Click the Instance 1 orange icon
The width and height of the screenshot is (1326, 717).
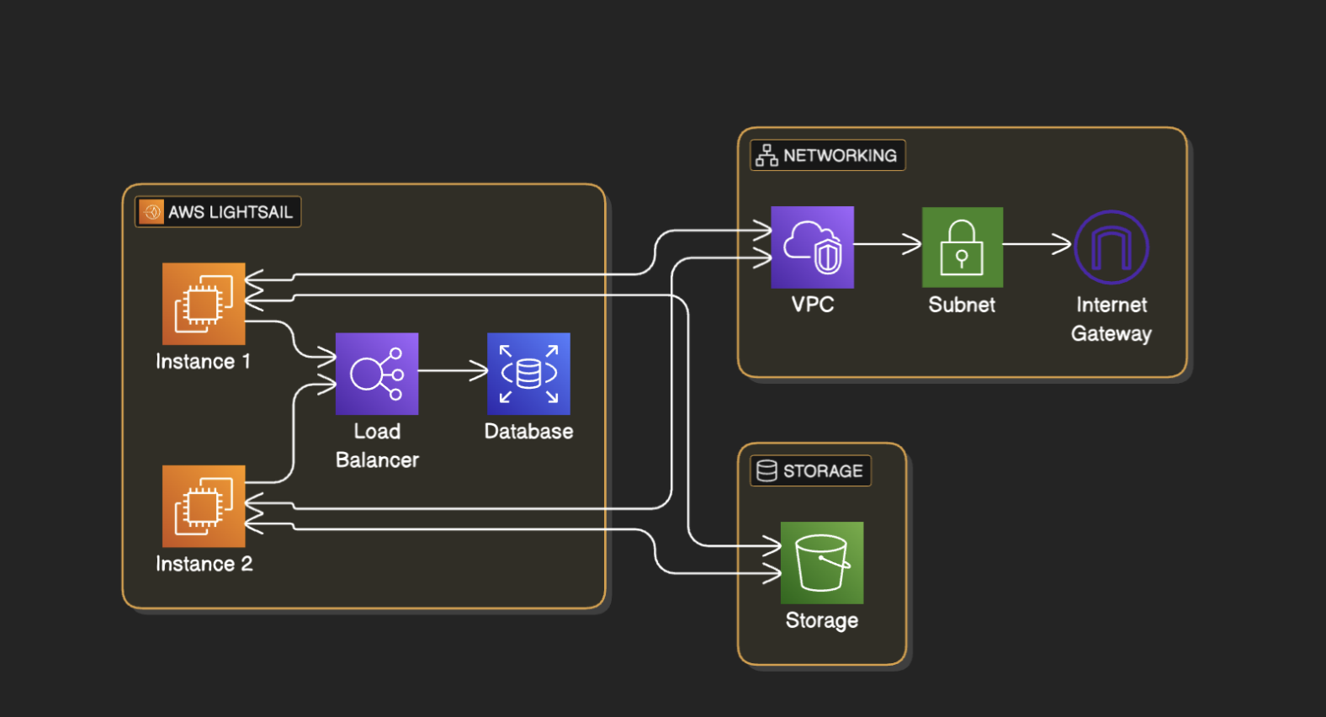[204, 303]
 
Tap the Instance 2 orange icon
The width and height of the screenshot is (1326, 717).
[204, 506]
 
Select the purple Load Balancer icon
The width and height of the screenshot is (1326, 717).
[377, 374]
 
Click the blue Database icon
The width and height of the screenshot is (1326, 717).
[528, 374]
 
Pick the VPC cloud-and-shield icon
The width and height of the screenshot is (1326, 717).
[812, 247]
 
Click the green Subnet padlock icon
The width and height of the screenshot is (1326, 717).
[962, 247]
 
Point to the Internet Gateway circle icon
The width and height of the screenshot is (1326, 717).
[1111, 247]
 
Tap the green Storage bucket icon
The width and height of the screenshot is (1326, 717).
[821, 562]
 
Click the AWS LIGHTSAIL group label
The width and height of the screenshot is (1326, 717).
[218, 212]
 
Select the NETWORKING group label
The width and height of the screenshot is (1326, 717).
[827, 156]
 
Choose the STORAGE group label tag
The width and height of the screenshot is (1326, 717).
[810, 471]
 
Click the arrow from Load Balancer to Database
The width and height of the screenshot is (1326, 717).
[453, 370]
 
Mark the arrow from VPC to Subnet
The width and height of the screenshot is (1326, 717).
[888, 244]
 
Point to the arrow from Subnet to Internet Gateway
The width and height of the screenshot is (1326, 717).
[1037, 244]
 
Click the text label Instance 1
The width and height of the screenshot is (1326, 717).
[203, 362]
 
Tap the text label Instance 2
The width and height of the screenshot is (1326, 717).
[204, 564]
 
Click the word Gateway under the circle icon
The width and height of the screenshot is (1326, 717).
[1111, 334]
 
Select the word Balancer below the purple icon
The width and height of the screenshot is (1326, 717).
[377, 460]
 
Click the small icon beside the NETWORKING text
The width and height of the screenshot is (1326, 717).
[766, 156]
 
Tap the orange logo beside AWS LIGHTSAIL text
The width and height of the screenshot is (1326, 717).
[151, 212]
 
